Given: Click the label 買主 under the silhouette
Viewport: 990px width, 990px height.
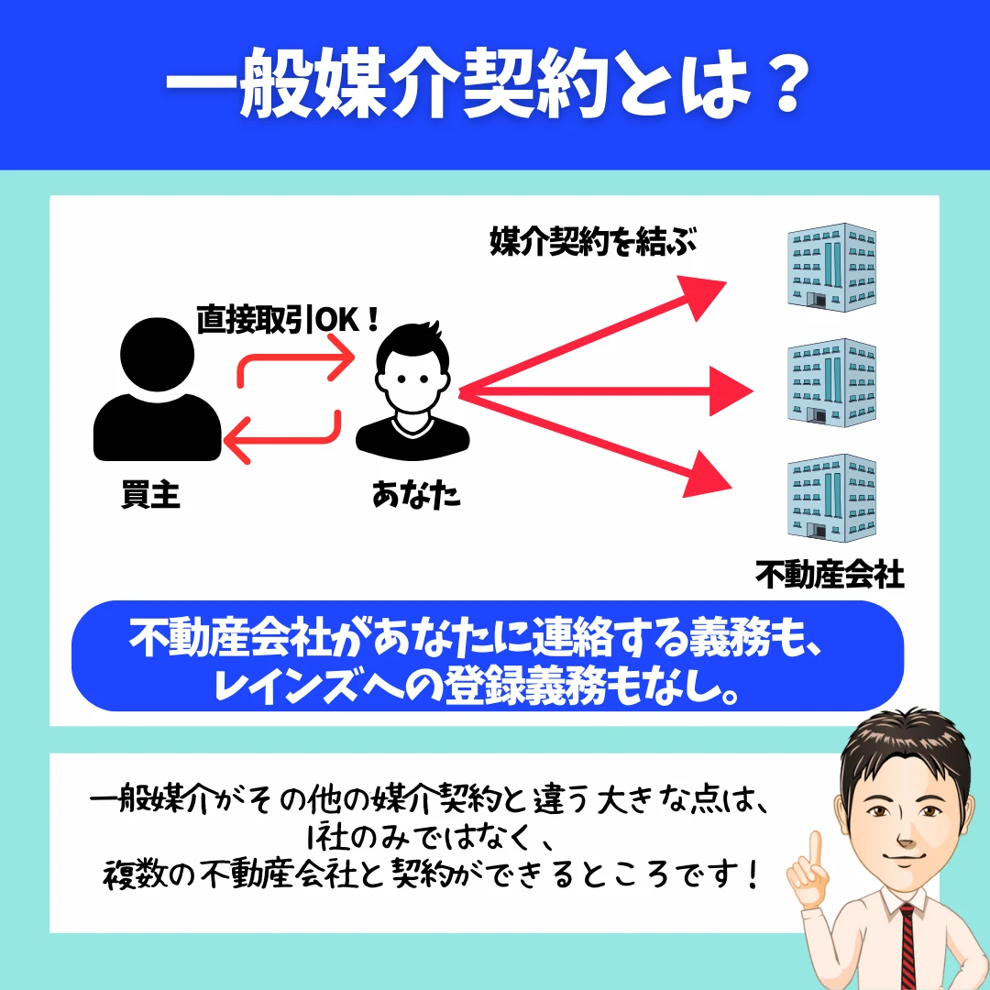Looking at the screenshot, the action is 151,494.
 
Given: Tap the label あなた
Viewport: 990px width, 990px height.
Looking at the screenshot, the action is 416,494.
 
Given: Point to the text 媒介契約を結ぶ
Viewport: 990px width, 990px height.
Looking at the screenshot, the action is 593,241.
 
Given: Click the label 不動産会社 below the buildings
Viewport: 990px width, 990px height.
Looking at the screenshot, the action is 830,575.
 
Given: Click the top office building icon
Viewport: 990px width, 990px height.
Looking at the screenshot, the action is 831,267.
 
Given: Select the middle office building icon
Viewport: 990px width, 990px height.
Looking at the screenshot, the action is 831,382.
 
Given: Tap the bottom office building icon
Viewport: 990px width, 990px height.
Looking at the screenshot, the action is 831,498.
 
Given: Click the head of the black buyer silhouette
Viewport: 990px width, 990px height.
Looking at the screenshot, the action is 158,354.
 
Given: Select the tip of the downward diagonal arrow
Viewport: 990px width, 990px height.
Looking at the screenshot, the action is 731,488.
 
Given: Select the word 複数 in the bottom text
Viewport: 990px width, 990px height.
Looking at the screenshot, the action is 133,875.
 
